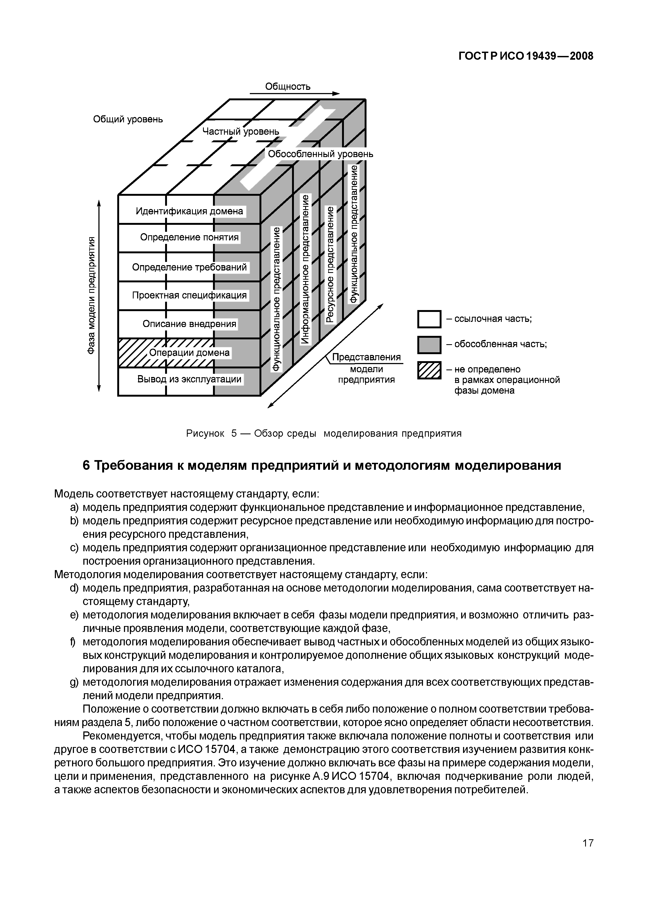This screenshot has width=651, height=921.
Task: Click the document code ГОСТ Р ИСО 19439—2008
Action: pos(525,56)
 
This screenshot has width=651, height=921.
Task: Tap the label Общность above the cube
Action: pos(288,86)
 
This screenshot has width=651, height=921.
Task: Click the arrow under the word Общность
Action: pos(295,94)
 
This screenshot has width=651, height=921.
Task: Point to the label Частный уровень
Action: pos(240,131)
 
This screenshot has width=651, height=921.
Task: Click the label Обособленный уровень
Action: pos(320,154)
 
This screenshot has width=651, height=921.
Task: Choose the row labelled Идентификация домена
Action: pos(189,211)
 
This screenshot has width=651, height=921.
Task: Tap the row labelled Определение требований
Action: pos(189,267)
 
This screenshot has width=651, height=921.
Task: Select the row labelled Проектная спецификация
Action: pos(189,296)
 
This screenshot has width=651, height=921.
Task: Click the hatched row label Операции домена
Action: pos(189,353)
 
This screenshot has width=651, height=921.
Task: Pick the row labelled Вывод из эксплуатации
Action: pos(189,379)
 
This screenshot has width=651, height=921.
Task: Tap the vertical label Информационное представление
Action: pos(305,269)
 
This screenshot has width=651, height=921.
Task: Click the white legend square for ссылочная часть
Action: pos(429,319)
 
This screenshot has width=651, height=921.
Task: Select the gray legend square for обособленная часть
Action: pos(429,344)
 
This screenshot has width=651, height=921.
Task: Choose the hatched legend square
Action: pos(429,370)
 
